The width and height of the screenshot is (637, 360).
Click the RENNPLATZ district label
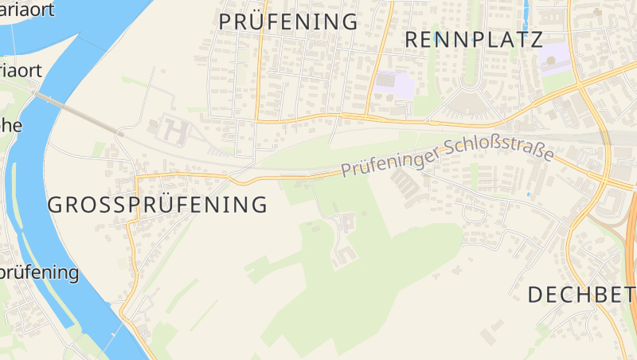(474, 39)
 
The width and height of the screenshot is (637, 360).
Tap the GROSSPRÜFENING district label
(158, 205)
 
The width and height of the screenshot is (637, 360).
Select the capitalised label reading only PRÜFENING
(288, 22)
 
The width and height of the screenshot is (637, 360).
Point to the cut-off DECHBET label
(581, 295)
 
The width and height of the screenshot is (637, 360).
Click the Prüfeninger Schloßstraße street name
(447, 158)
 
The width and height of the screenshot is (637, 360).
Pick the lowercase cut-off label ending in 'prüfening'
(40, 272)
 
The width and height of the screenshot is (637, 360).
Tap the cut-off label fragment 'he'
(11, 125)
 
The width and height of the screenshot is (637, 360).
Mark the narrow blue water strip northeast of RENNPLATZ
(526, 14)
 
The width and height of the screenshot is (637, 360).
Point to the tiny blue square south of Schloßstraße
(528, 194)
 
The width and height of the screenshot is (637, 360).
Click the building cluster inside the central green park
(345, 235)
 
